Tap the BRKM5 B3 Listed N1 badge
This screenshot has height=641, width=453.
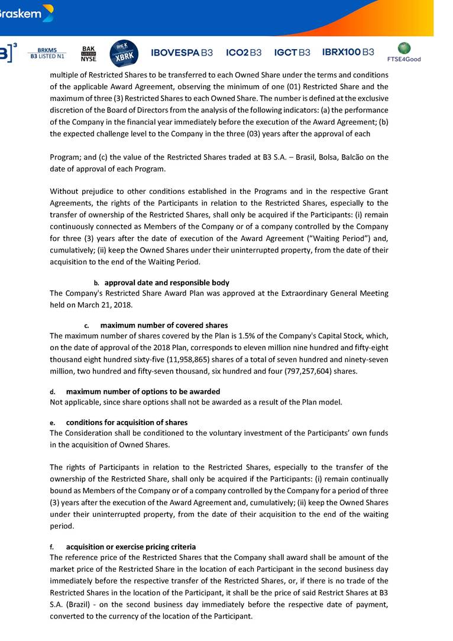click(47, 53)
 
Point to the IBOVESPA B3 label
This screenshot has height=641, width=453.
click(182, 53)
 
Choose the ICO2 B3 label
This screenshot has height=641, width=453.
click(244, 53)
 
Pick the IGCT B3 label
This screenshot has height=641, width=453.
click(292, 53)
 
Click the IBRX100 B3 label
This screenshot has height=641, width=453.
click(348, 52)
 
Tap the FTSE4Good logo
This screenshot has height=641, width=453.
click(404, 53)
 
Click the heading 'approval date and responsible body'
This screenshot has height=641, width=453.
click(167, 283)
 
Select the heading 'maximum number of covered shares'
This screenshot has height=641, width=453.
click(164, 325)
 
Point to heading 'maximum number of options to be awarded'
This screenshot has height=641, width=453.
click(143, 391)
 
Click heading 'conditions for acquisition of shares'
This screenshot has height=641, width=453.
click(127, 422)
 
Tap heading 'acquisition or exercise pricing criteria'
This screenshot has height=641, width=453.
click(131, 547)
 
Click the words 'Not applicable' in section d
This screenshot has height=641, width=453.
click(73, 402)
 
